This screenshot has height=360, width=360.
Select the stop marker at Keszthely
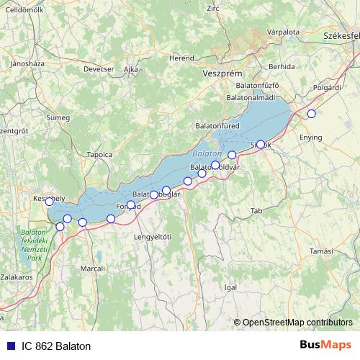tap(49, 202)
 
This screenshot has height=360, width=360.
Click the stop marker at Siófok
tap(260, 144)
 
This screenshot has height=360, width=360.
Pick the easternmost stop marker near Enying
tap(311, 113)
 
